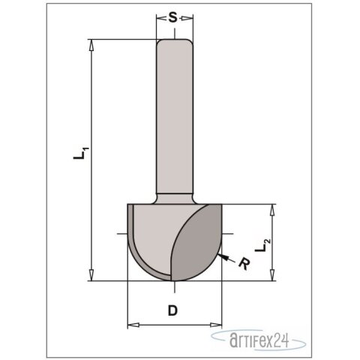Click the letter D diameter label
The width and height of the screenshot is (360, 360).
(172, 310)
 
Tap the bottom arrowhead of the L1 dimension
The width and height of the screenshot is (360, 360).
(92, 277)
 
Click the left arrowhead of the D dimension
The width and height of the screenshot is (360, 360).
(132, 325)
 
